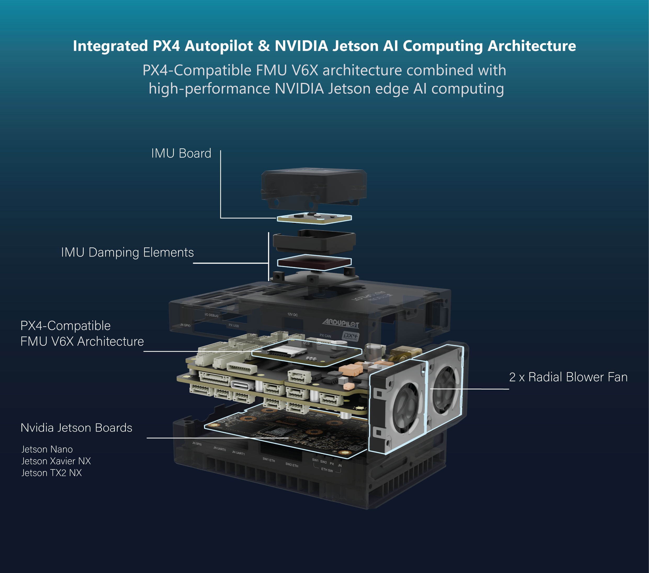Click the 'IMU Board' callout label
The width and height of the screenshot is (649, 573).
[181, 153]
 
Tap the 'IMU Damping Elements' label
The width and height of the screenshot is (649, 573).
[127, 252]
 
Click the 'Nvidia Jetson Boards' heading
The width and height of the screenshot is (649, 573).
[76, 428]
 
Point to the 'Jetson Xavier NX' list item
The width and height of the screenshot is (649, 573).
[56, 461]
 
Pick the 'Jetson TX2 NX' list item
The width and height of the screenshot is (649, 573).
[52, 473]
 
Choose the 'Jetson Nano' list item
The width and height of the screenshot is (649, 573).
[47, 449]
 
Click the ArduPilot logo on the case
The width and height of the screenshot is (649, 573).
[341, 323]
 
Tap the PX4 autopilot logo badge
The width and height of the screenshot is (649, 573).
[351, 336]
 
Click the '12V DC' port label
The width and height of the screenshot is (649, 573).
[292, 315]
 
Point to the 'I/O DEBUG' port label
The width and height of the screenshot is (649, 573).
[211, 315]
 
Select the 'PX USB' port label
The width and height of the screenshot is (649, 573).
[234, 325]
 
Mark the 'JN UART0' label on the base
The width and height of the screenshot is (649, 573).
[219, 449]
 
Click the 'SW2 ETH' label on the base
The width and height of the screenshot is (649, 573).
[291, 465]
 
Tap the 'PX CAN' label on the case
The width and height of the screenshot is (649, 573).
[325, 336]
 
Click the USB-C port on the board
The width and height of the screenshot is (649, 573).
[242, 385]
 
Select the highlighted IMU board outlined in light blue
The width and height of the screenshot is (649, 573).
[314, 218]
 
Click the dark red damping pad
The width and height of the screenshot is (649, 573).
[314, 263]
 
